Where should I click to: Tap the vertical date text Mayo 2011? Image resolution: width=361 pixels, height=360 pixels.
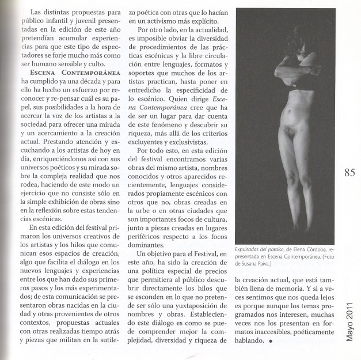point(349,320)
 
